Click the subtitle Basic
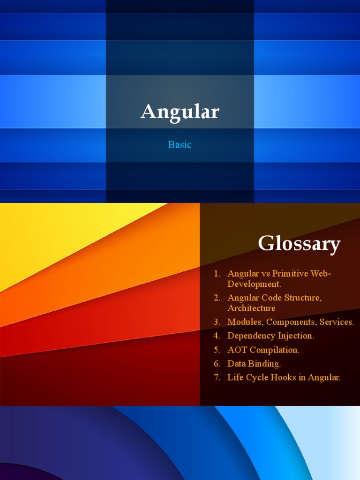click(x=180, y=144)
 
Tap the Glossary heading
click(x=299, y=244)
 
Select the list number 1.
click(x=217, y=273)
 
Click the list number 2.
click(x=217, y=298)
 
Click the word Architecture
click(x=251, y=308)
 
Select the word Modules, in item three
click(x=244, y=322)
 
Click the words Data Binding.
click(x=254, y=363)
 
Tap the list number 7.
click(x=217, y=377)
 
